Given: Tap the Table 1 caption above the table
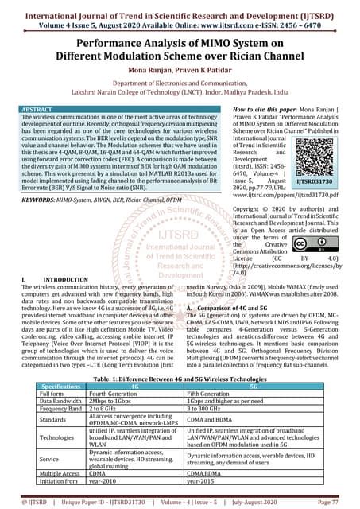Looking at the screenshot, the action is (x=180, y=379).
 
